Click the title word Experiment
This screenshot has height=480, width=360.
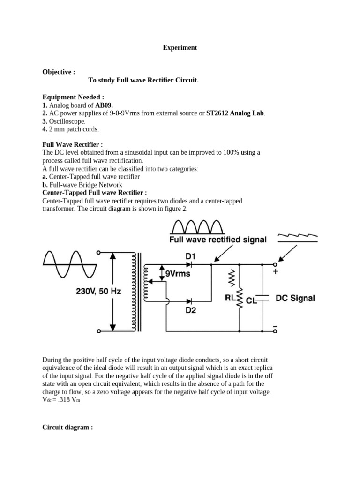point(180,48)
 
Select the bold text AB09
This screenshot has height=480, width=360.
point(104,105)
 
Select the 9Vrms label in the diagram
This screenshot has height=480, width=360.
point(178,273)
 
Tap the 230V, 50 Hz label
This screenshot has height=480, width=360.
point(98,291)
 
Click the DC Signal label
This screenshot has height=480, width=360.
point(295,298)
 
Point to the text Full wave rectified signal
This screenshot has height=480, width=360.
point(217,240)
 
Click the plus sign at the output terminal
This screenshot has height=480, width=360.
point(275,271)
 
